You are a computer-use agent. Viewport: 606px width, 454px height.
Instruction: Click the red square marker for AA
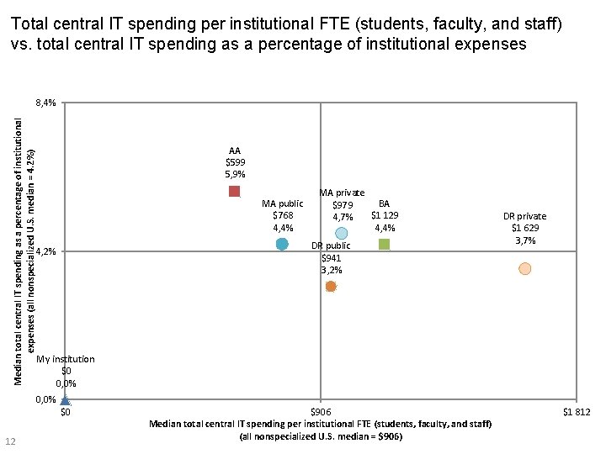pyautogui.click(x=235, y=192)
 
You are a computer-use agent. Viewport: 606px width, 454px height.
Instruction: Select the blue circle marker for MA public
pyautogui.click(x=282, y=244)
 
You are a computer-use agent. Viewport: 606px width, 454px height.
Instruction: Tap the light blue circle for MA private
pyautogui.click(x=341, y=233)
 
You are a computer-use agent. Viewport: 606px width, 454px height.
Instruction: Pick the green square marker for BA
pyautogui.click(x=384, y=244)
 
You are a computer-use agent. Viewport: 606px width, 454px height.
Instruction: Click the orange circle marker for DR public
pyautogui.click(x=331, y=287)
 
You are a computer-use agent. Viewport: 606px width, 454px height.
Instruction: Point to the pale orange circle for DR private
pyautogui.click(x=524, y=268)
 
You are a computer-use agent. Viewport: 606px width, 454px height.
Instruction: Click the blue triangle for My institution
pyautogui.click(x=66, y=400)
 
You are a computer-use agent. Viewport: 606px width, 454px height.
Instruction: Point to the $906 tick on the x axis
pyautogui.click(x=321, y=412)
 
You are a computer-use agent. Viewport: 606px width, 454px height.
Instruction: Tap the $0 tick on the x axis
pyautogui.click(x=66, y=412)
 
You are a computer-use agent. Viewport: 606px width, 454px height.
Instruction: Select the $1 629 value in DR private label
pyautogui.click(x=525, y=229)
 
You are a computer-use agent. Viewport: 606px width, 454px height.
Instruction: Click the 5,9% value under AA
pyautogui.click(x=235, y=174)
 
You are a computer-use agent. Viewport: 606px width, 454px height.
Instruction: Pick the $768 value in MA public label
pyautogui.click(x=283, y=215)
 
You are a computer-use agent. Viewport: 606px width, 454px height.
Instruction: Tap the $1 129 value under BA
pyautogui.click(x=384, y=215)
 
